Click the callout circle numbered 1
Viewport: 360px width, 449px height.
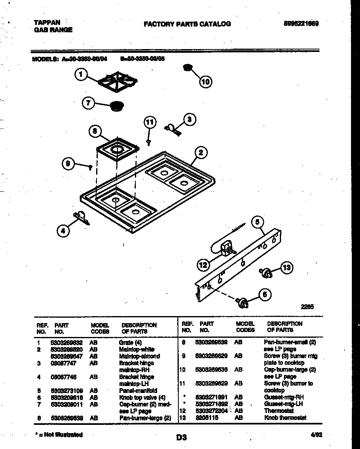tap(81, 75)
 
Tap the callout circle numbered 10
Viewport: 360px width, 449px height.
tap(206, 82)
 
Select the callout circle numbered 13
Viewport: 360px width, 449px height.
tap(286, 268)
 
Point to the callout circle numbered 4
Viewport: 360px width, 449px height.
tap(63, 231)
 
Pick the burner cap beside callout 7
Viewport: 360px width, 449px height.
tap(117, 106)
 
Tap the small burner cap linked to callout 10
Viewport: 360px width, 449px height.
tap(188, 67)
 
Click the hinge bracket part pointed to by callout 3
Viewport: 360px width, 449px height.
tap(173, 130)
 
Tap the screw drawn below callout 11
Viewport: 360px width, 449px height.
tap(149, 141)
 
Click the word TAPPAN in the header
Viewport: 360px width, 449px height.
tap(47, 22)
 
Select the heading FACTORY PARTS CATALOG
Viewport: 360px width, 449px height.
tap(187, 24)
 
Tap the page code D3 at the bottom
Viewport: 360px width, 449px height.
tap(182, 437)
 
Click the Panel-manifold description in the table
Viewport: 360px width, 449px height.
tap(138, 391)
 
